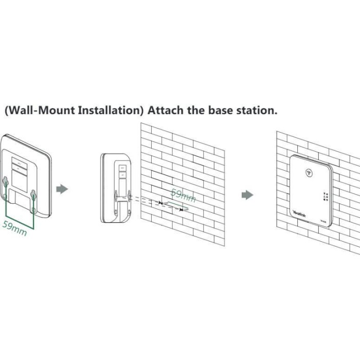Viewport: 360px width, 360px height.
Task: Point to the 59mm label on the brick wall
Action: [183, 195]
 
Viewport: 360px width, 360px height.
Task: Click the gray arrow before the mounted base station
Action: [247, 195]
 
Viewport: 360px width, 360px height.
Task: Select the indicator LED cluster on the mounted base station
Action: [326, 196]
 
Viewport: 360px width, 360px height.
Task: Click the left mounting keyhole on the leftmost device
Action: [6, 181]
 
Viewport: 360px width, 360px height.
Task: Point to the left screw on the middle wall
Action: [161, 204]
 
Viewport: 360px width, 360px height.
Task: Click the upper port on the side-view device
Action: [122, 167]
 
